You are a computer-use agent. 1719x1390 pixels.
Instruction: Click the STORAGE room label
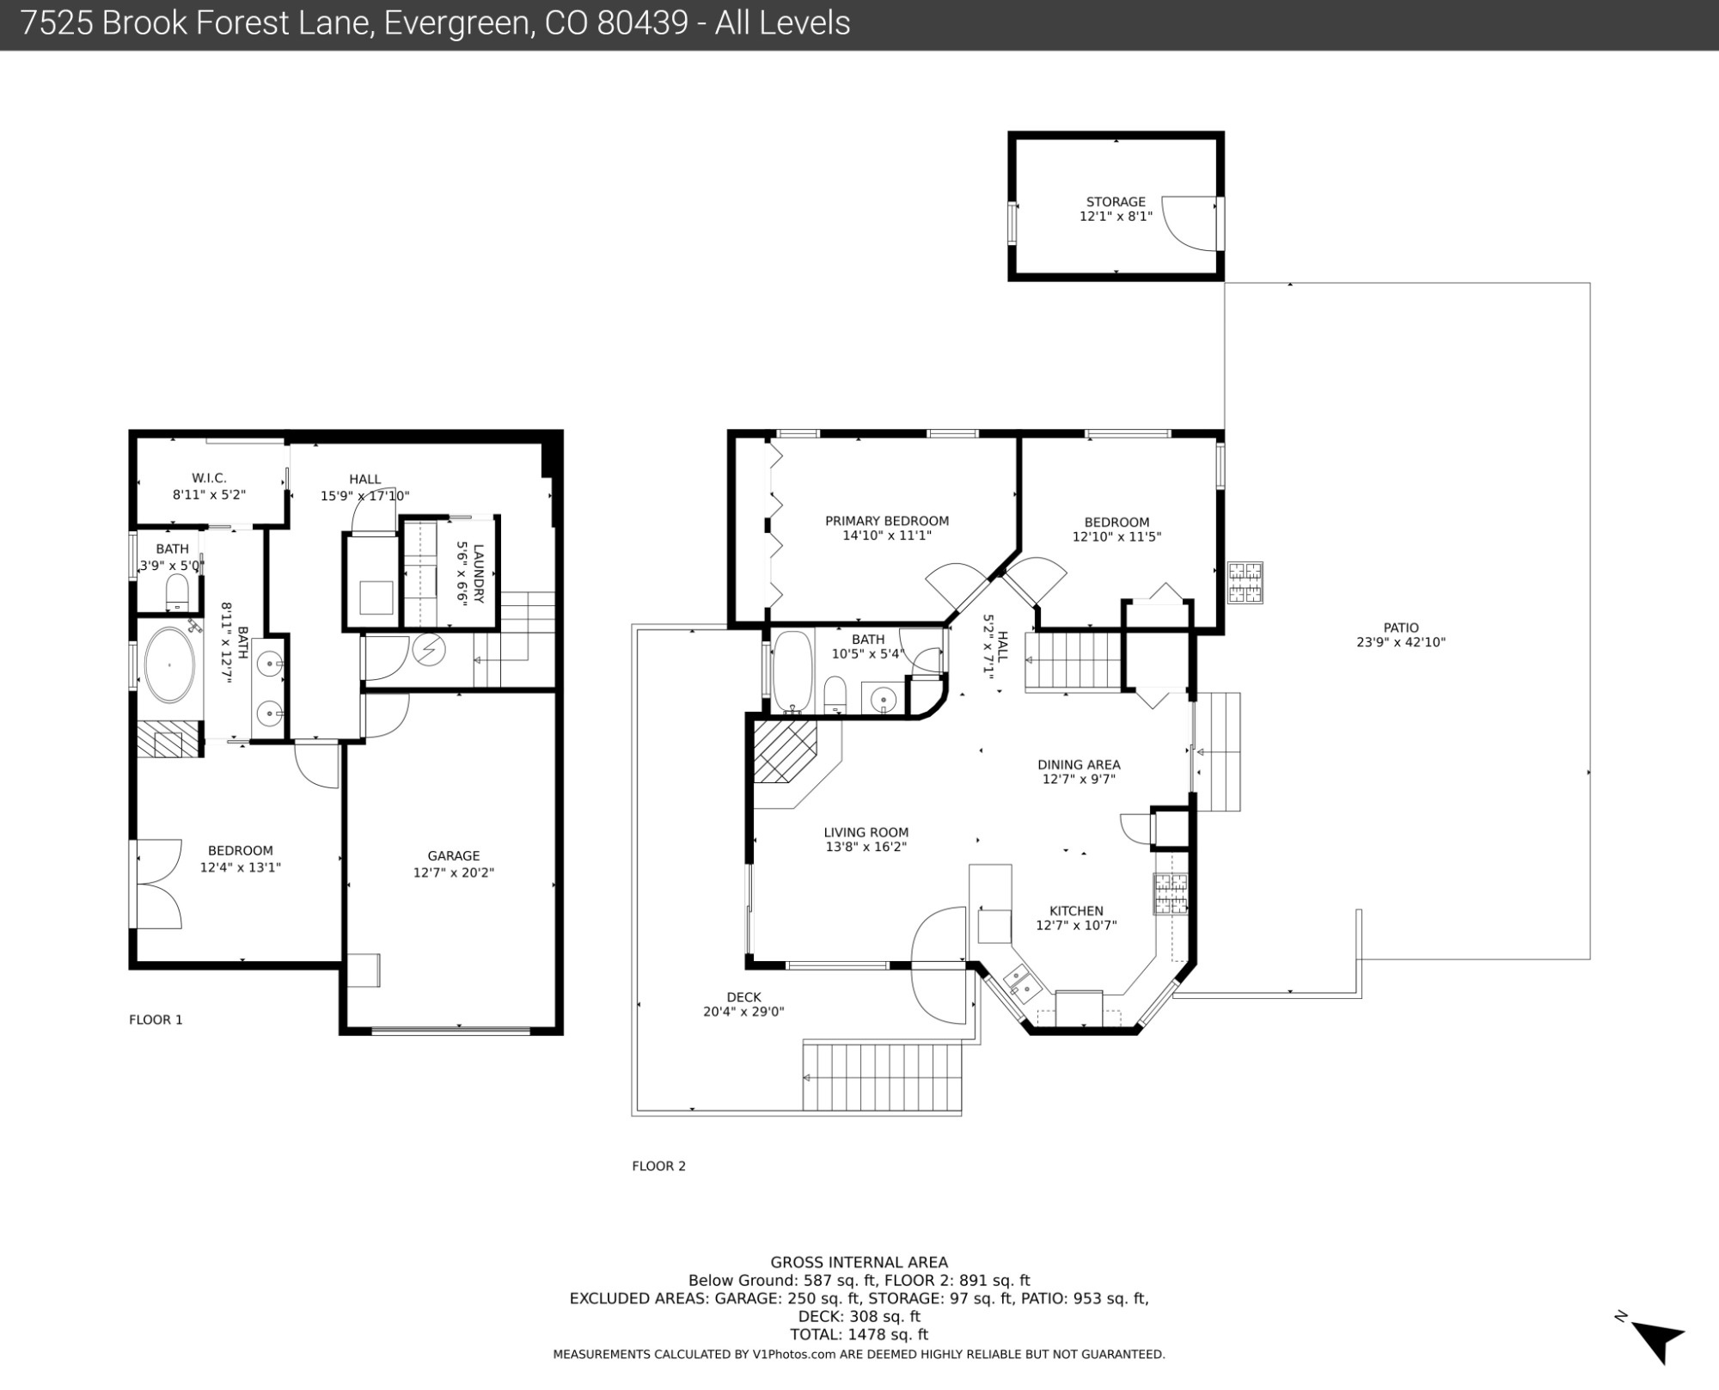coord(1116,202)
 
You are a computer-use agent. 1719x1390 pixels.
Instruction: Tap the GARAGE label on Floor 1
coord(454,856)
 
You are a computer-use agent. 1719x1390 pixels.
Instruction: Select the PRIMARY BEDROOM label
coord(887,521)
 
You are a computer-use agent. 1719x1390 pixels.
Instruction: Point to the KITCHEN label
coord(1076,911)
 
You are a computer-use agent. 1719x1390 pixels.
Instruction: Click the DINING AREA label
coord(1079,765)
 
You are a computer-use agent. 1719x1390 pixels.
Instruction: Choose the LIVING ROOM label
coord(866,832)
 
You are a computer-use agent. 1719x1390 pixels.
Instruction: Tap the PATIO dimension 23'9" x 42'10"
coord(1401,642)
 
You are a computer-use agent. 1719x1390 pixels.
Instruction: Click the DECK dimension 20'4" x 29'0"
coord(743,1012)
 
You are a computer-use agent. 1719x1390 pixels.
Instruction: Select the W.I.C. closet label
coord(209,479)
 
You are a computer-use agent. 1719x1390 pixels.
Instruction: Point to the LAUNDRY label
coord(478,574)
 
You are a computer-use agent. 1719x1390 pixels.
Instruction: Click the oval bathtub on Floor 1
coord(169,665)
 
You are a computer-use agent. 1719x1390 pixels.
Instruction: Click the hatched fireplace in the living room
coord(785,752)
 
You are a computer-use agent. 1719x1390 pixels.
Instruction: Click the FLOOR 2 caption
coord(658,1166)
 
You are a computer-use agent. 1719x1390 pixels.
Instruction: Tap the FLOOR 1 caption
coord(156,1020)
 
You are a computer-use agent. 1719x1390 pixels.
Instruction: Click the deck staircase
coord(882,1076)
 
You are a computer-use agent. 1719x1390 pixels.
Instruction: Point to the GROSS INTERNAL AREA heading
coord(859,1263)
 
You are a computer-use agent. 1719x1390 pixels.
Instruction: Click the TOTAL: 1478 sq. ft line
coord(859,1335)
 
